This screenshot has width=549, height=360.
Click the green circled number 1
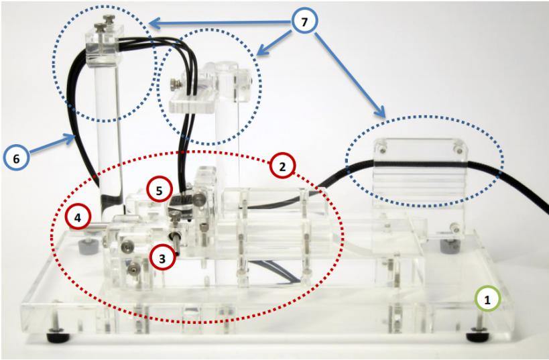click(x=487, y=299)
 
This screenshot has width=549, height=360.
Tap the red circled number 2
click(x=283, y=167)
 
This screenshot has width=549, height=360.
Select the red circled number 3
click(x=162, y=257)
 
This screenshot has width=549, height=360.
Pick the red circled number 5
click(x=160, y=190)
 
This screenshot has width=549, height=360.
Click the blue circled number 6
click(x=16, y=158)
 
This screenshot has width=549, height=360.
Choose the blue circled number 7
click(x=304, y=21)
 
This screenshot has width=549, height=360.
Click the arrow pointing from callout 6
click(x=52, y=143)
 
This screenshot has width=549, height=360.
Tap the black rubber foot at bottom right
click(x=477, y=337)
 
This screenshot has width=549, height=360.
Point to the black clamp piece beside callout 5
click(x=181, y=205)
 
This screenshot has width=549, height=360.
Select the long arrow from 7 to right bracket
click(x=349, y=74)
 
